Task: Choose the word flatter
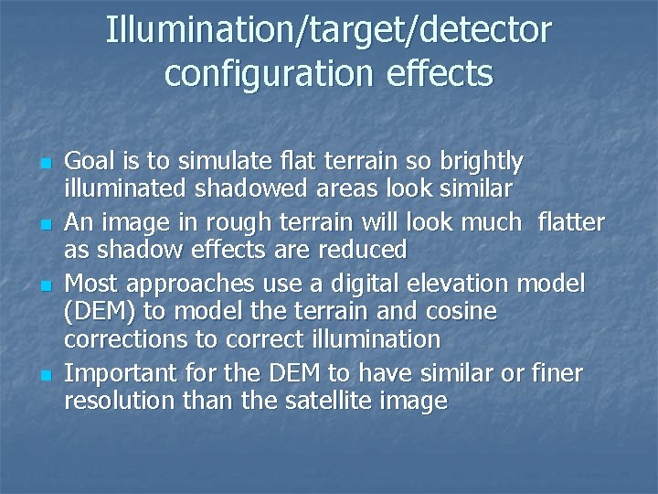click(571, 221)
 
